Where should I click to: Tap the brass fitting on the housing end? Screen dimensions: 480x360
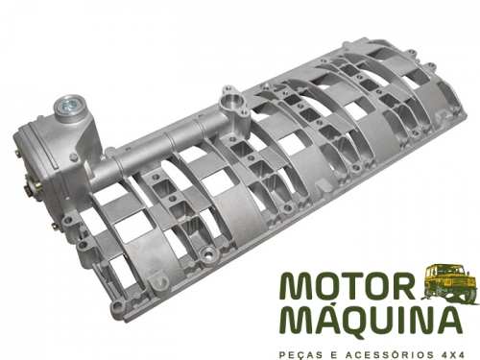[32, 189]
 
